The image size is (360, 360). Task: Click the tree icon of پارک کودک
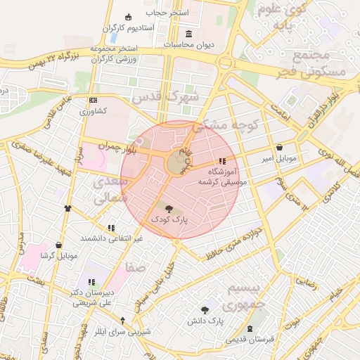tap(167, 208)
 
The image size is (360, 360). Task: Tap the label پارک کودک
tap(167, 220)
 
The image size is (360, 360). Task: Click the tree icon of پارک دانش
tap(205, 309)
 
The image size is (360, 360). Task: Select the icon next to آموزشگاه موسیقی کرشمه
tap(223, 161)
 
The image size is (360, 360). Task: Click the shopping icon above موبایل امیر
tap(281, 148)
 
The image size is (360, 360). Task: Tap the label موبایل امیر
tap(281, 159)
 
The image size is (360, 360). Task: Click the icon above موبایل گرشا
tap(58, 245)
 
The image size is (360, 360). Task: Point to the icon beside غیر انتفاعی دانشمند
tap(110, 228)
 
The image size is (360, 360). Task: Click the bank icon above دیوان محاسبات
tap(188, 34)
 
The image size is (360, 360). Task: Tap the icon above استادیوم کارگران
tap(127, 18)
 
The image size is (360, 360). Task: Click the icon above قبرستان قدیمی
tap(250, 329)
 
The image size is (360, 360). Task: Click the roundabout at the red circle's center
tap(176, 163)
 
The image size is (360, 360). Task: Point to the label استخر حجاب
tap(164, 12)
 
